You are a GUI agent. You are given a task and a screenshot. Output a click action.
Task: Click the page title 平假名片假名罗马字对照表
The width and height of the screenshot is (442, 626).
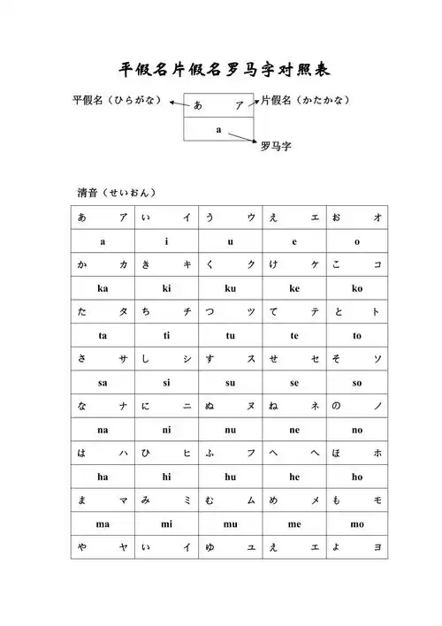click(225, 70)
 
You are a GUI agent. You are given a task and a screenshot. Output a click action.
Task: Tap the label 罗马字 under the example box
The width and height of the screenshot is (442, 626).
click(276, 147)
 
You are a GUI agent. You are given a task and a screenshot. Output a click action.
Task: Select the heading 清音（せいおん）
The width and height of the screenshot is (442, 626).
click(117, 192)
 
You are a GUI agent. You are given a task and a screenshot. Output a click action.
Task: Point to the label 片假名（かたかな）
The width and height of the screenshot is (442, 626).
click(305, 101)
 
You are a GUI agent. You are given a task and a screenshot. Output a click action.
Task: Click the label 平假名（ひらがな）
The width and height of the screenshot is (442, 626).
click(117, 101)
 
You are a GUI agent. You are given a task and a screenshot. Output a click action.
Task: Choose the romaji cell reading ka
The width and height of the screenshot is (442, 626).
click(103, 288)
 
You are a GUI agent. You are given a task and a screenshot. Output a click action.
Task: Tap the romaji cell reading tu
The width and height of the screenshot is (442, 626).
click(231, 335)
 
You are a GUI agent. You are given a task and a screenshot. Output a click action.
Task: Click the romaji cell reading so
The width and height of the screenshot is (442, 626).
click(357, 383)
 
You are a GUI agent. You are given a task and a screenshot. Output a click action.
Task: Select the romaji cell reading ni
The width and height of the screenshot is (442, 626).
click(167, 430)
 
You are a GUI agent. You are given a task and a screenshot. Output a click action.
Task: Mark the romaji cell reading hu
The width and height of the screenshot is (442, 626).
click(231, 477)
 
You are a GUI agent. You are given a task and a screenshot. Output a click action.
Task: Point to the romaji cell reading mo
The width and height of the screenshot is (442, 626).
click(357, 523)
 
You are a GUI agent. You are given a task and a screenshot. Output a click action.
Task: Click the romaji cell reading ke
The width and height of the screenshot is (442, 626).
click(294, 288)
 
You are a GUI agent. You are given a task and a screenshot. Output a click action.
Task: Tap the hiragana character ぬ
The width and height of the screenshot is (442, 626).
click(210, 406)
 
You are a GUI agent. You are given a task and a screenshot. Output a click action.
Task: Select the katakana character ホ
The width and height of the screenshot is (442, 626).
click(378, 454)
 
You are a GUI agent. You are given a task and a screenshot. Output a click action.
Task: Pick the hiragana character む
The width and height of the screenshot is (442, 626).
click(210, 500)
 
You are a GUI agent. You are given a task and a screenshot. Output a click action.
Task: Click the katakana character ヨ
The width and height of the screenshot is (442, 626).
click(378, 547)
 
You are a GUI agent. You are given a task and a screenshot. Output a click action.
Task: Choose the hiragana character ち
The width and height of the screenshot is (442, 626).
click(146, 312)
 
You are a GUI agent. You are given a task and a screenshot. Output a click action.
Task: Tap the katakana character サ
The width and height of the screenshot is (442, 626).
click(124, 359)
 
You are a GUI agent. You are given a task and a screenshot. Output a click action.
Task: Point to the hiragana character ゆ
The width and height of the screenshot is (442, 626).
click(210, 547)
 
